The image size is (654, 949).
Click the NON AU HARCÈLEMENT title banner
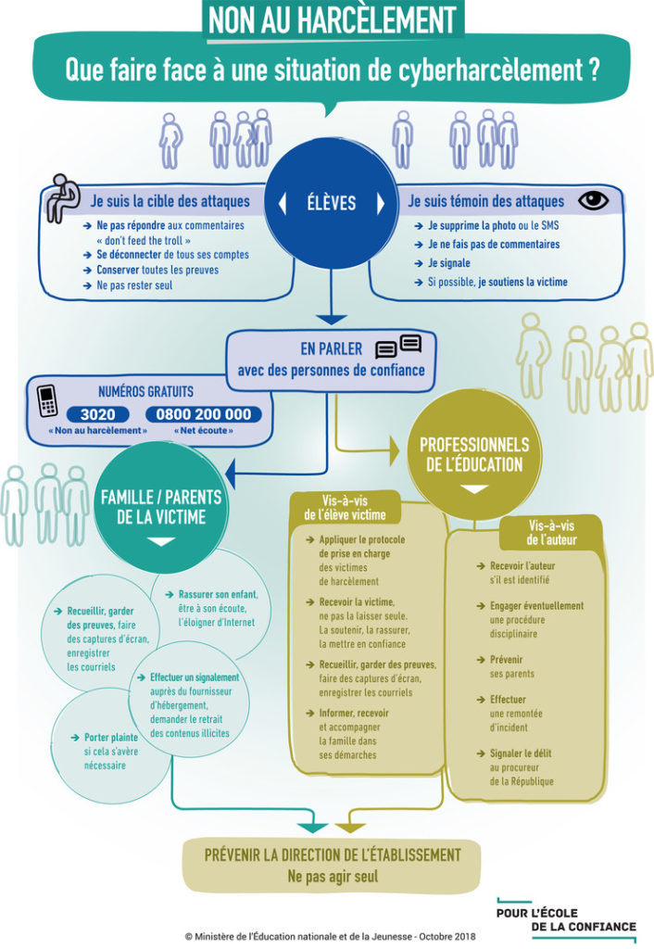click(332, 19)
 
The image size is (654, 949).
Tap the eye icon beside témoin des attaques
click(593, 200)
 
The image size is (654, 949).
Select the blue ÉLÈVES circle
click(332, 202)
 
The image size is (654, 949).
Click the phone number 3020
click(97, 414)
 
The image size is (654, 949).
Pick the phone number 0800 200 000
click(204, 414)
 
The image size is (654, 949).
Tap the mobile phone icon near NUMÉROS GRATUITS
click(48, 401)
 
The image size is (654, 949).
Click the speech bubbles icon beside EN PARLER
click(398, 348)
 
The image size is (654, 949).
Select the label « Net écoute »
click(203, 431)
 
